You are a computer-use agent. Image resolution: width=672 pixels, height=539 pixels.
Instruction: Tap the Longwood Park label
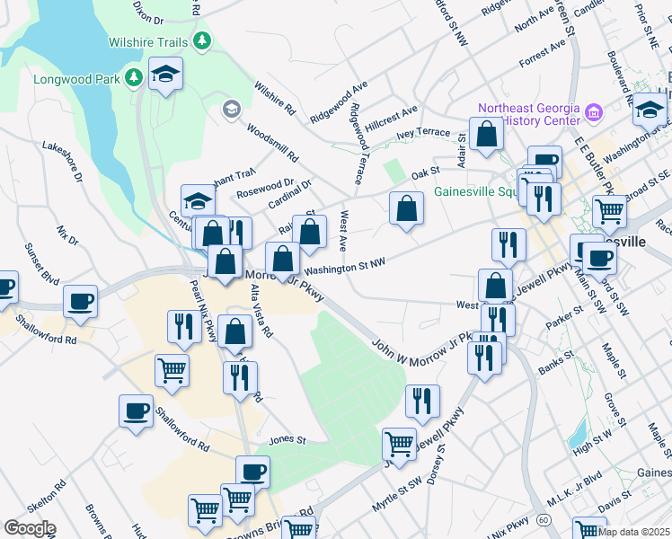76,79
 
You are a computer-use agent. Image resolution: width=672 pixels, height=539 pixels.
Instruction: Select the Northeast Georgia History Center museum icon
593,113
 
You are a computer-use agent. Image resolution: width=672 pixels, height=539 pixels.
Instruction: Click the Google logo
30,528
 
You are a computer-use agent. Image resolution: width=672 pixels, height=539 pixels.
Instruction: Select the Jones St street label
287,441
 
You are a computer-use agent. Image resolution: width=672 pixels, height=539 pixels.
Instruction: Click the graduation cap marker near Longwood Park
165,75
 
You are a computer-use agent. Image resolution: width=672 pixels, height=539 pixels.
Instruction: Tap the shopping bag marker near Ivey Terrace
486,135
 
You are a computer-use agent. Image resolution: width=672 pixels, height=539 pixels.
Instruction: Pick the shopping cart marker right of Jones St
399,443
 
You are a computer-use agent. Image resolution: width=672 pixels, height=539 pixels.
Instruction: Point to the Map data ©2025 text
632,531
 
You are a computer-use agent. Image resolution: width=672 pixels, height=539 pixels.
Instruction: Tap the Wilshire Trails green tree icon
204,40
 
